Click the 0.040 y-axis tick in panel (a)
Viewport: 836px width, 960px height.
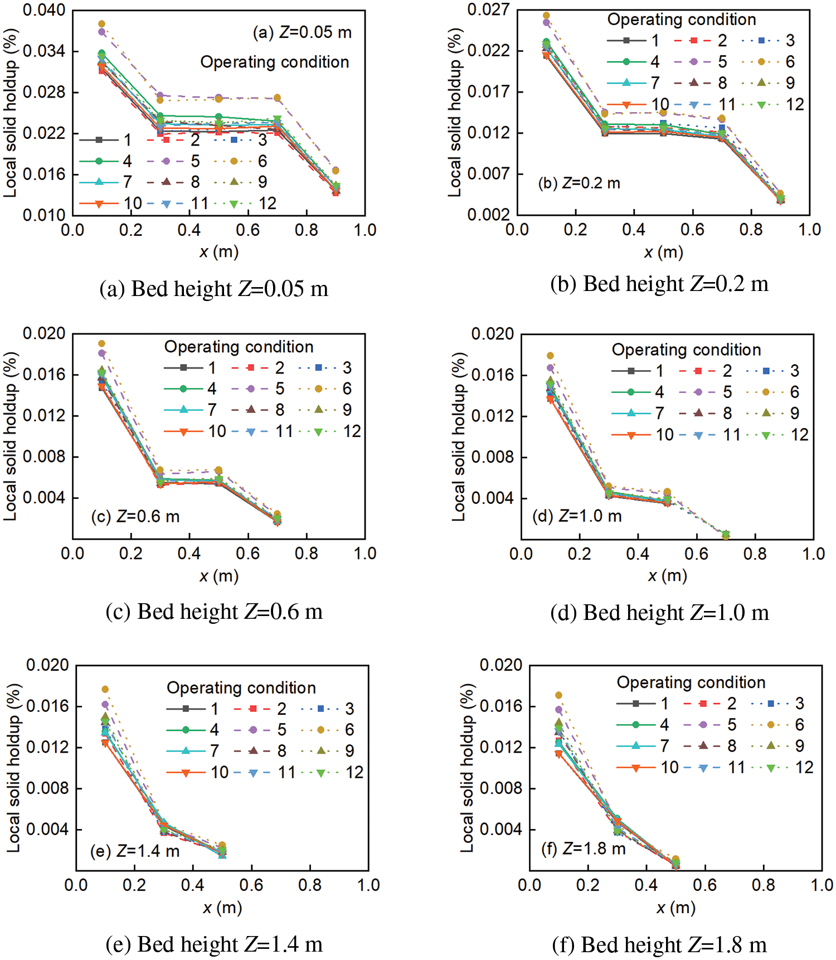pos(43,10)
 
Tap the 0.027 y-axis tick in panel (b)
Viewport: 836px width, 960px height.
pos(488,9)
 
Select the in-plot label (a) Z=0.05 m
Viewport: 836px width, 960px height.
pos(302,32)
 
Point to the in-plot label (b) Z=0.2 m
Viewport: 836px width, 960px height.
pos(579,183)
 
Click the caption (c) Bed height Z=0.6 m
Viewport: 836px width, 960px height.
pos(214,612)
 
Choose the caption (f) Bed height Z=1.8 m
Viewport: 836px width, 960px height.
pos(659,945)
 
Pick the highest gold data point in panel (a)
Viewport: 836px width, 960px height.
pos(101,24)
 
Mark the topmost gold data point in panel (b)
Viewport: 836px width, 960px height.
pos(546,16)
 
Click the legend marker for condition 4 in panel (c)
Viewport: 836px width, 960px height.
pos(183,389)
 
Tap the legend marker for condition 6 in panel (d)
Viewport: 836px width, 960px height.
pos(766,392)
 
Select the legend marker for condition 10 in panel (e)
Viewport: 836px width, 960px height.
pos(186,773)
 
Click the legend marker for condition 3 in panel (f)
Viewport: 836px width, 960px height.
pos(771,704)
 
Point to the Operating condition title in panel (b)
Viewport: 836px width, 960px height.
pos(681,20)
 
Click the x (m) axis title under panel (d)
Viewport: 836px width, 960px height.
pos(667,575)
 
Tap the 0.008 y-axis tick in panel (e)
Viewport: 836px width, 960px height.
pos(47,788)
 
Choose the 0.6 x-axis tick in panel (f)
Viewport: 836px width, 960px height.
pos(705,885)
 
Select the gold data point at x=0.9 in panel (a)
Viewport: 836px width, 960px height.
pos(336,171)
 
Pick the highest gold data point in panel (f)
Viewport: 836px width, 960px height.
pos(558,695)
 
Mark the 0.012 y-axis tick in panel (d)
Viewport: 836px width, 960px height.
pos(492,416)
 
